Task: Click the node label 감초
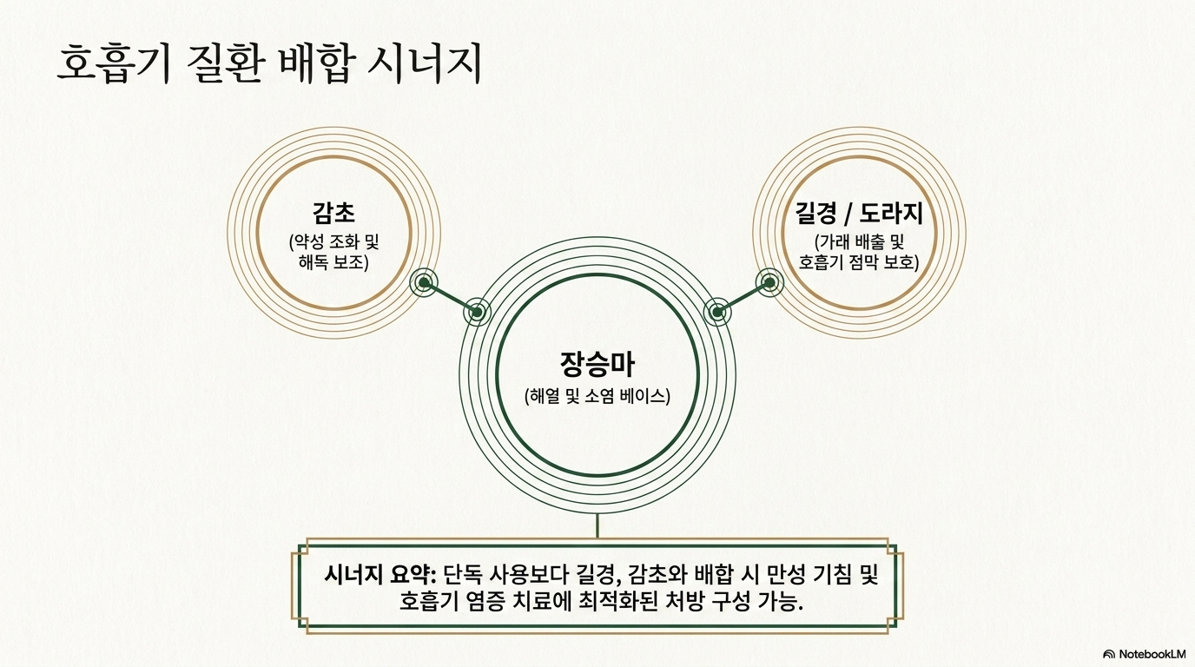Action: (x=334, y=214)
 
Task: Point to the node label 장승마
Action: (x=597, y=365)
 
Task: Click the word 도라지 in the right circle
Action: (x=891, y=214)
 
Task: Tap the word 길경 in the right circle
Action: (x=815, y=214)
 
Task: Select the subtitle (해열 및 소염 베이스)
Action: (x=597, y=396)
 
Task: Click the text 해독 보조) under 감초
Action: (x=333, y=262)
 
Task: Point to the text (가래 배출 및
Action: (x=859, y=242)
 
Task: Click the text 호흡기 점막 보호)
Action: (x=859, y=262)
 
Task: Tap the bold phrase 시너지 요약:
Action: (x=380, y=575)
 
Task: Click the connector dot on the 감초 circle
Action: (x=424, y=282)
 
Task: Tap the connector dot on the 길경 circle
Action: (x=769, y=282)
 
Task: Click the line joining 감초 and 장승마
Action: (x=450, y=297)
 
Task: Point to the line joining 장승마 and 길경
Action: (x=743, y=297)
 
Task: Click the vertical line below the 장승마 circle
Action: (x=597, y=525)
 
